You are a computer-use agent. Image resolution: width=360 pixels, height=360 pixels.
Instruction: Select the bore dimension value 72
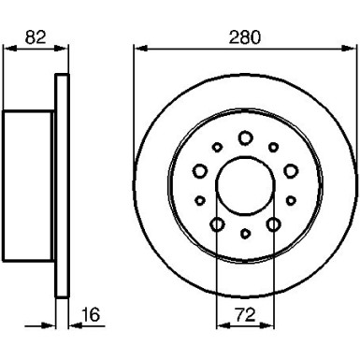coord(244,316)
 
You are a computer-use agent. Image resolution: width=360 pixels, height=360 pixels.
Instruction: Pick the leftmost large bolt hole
coord(199,169)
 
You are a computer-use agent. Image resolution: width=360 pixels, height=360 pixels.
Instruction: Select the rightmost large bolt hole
coord(289,169)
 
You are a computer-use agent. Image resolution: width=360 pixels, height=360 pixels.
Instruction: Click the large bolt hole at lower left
coord(217,223)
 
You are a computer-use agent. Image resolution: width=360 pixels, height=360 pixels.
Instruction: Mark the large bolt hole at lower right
coord(272,223)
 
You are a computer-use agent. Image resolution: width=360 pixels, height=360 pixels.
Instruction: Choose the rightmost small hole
coord(291,199)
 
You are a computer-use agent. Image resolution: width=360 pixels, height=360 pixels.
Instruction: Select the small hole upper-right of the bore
coord(273,146)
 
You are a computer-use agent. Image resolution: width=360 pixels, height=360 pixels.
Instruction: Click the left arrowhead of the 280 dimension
coord(138,47)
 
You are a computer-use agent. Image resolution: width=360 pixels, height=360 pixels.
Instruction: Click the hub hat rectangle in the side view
coord(30,184)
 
